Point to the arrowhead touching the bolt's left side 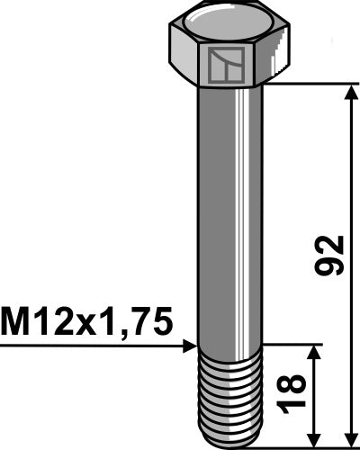tap(190, 345)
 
